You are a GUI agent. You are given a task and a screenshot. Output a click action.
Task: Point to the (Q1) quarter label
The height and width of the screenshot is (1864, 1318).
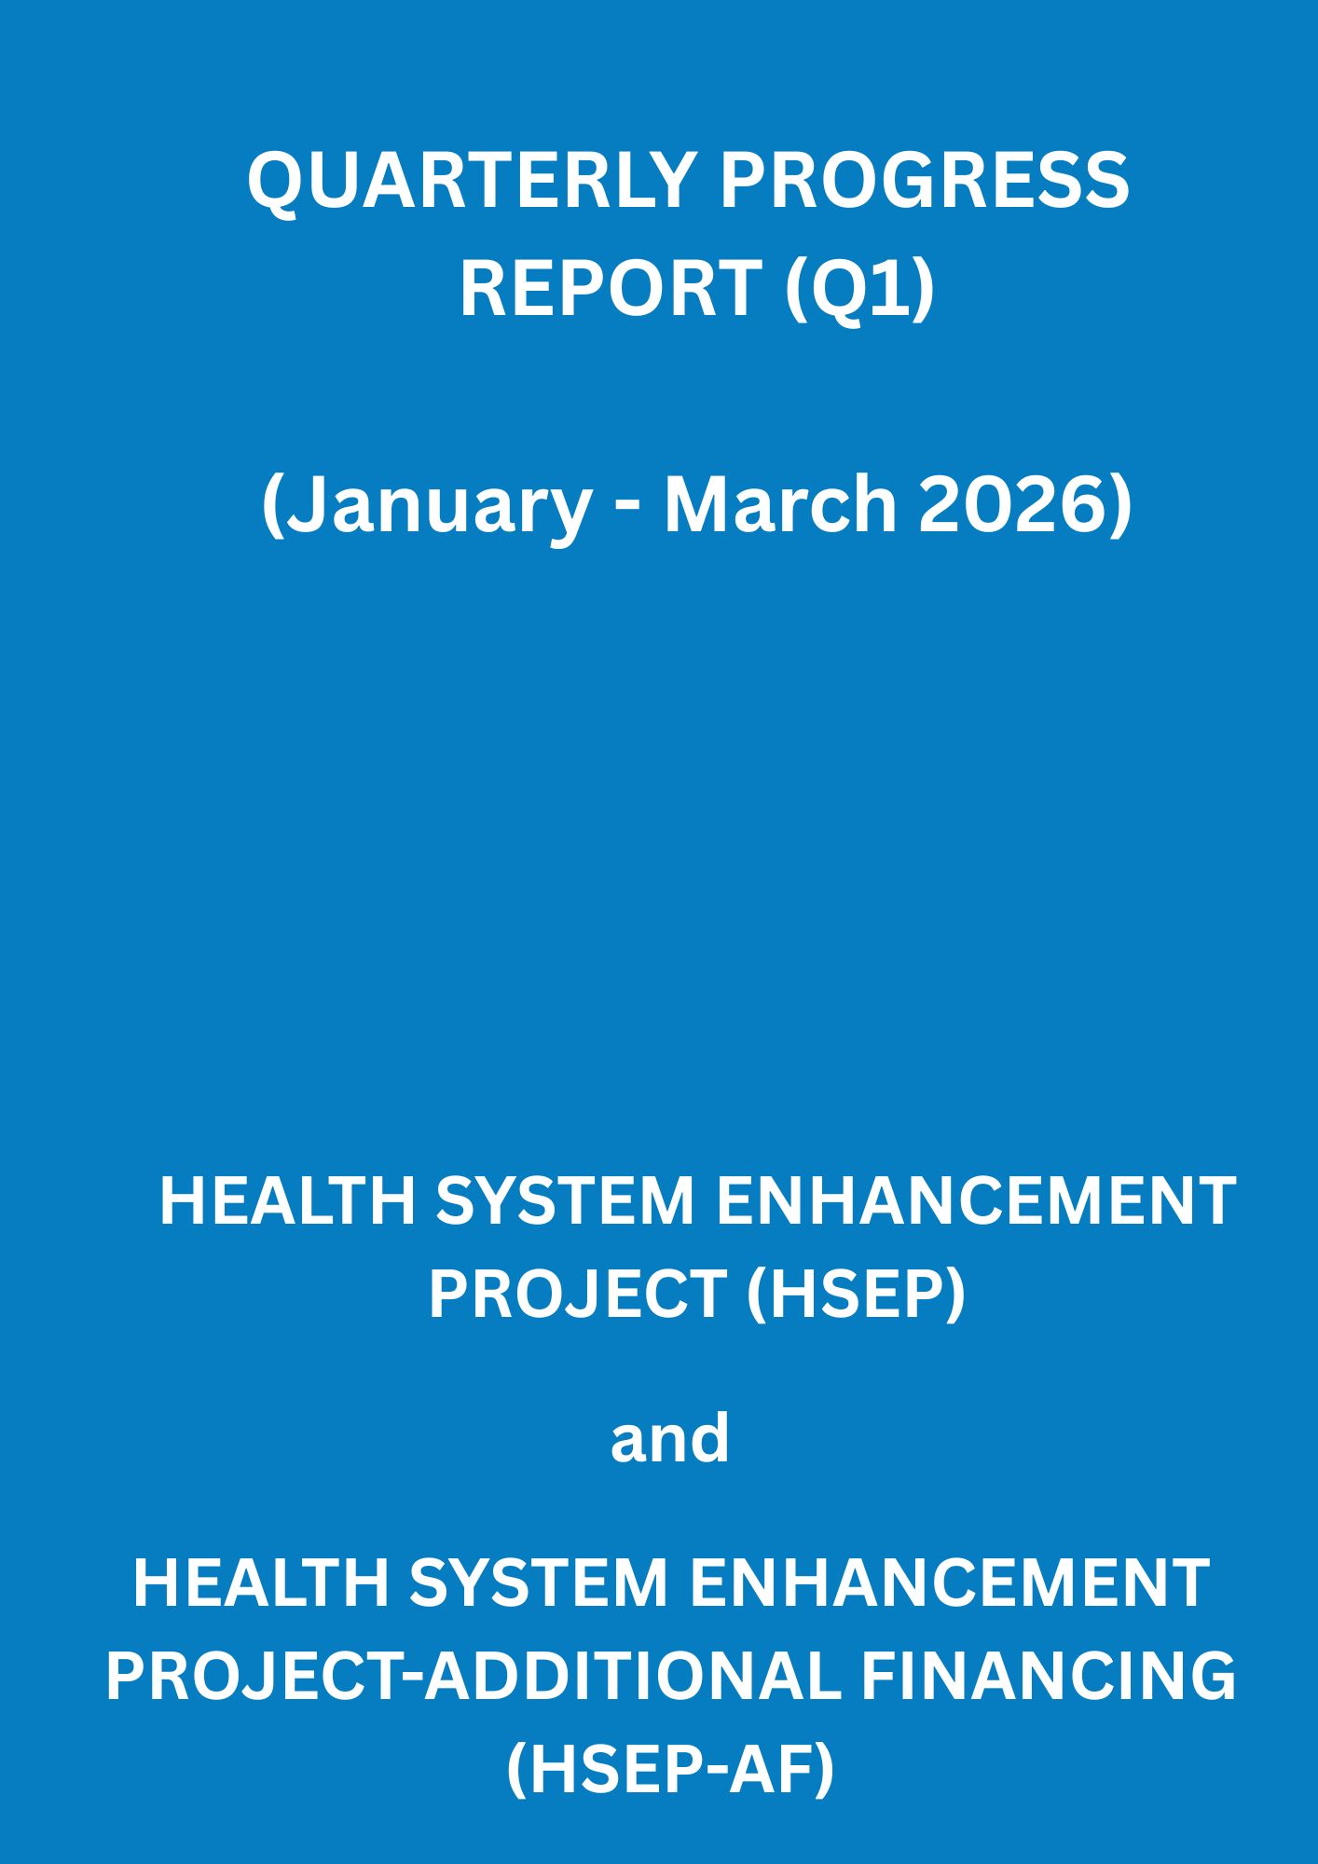point(858,288)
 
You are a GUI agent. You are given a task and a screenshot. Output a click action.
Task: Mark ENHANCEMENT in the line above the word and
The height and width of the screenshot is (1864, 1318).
point(977,1201)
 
